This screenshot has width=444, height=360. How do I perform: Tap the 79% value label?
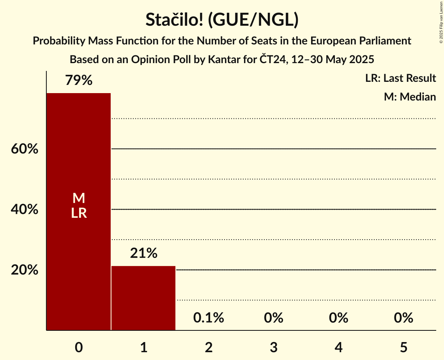[x=79, y=81]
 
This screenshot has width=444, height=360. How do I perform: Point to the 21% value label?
[x=143, y=254]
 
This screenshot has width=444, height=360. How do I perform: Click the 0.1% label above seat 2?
[x=209, y=318]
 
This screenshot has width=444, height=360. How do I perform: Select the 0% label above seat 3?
[x=273, y=318]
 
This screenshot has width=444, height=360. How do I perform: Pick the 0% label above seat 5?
[x=403, y=318]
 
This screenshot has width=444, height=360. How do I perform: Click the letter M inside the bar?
[x=79, y=198]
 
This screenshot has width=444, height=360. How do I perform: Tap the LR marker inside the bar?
[x=79, y=213]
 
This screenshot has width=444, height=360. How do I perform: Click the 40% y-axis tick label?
[x=25, y=210]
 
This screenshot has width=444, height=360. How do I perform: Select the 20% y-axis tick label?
[x=25, y=270]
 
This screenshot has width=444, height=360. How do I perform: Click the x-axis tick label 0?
[x=79, y=347]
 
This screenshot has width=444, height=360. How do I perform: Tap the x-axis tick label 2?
[x=209, y=347]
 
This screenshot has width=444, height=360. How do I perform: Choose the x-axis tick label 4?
[x=338, y=347]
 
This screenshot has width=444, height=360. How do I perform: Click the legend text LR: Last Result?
[x=400, y=78]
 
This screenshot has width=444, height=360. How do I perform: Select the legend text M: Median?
[x=410, y=97]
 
